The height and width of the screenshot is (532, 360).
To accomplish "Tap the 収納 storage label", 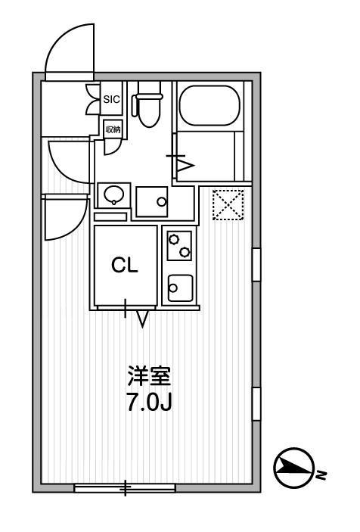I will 112,129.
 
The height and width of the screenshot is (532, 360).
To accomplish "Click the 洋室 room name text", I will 149,376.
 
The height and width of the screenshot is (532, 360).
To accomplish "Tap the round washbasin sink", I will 113,196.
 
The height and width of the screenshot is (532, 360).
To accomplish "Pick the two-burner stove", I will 180,245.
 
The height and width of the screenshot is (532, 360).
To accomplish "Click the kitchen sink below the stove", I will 180,288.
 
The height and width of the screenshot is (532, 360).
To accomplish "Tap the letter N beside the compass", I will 321,476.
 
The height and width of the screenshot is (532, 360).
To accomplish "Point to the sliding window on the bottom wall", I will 126,489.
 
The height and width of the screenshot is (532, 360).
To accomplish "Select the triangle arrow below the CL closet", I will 141,319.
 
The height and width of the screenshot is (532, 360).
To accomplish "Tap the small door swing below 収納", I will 112,145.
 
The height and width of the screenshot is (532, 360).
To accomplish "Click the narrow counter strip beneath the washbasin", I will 110,217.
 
